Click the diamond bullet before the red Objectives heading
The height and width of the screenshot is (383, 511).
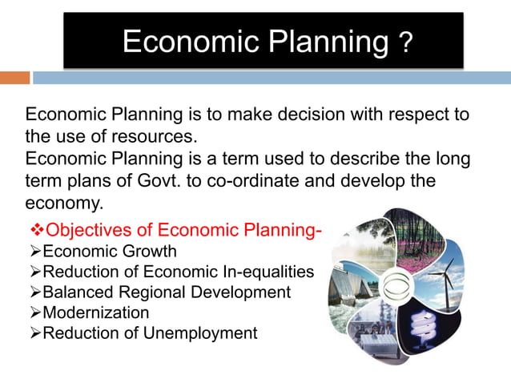pos(34,231)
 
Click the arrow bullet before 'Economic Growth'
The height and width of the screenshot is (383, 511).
pos(34,252)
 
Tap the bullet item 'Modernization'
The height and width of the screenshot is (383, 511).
pos(95,312)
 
